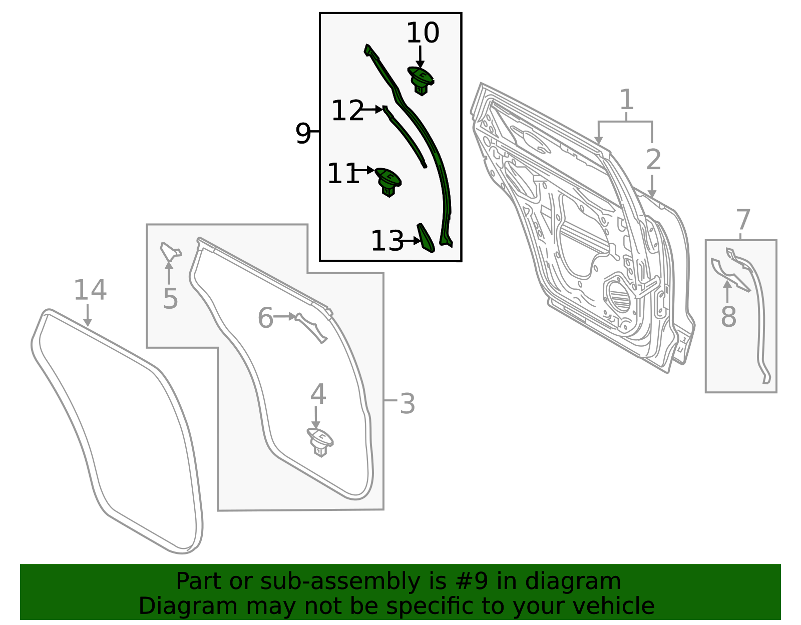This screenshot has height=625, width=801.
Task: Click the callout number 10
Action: (x=423, y=33)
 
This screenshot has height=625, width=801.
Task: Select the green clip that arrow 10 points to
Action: (x=421, y=81)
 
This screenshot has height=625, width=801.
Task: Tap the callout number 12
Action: (x=347, y=110)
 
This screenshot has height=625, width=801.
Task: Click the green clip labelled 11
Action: (x=388, y=182)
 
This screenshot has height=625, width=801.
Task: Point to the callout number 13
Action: (x=387, y=241)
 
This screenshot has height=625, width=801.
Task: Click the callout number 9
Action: (x=303, y=133)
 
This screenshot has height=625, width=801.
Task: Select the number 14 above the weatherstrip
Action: (x=90, y=290)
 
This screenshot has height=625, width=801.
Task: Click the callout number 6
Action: (x=265, y=317)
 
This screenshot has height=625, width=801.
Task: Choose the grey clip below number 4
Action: (x=320, y=442)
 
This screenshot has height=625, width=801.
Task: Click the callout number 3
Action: (x=408, y=404)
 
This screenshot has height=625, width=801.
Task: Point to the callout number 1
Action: (x=627, y=99)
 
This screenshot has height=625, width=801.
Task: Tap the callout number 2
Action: (x=653, y=160)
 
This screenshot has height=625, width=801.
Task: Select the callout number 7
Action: (x=743, y=220)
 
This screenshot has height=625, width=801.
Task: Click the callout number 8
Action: (x=728, y=316)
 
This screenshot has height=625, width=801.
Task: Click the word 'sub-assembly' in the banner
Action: (x=340, y=581)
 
